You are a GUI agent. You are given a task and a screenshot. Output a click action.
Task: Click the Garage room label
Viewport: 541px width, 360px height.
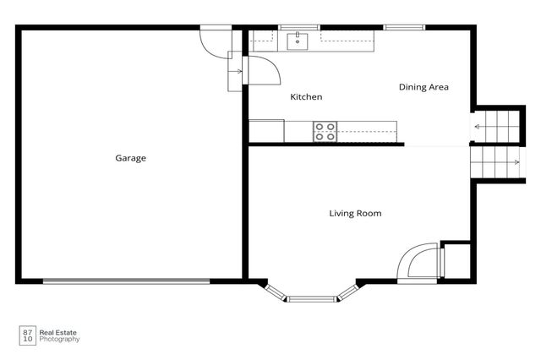pyautogui.click(x=130, y=158)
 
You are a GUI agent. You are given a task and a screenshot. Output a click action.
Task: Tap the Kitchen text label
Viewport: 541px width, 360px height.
pyautogui.click(x=306, y=97)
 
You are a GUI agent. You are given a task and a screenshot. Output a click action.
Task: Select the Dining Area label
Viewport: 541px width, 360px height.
pyautogui.click(x=424, y=87)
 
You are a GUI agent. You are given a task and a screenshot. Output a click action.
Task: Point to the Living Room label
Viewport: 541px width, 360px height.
pyautogui.click(x=355, y=214)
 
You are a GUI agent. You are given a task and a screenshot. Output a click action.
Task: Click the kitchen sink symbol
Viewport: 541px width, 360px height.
pyautogui.click(x=298, y=41)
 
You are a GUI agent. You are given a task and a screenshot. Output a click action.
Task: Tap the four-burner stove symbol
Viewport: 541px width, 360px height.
pyautogui.click(x=325, y=132)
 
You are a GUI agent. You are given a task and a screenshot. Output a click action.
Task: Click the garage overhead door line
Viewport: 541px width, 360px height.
pyautogui.click(x=126, y=281)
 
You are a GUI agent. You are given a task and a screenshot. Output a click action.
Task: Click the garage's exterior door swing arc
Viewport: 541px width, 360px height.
pyautogui.click(x=211, y=44)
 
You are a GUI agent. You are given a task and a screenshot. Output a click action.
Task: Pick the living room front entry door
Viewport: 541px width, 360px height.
pyautogui.click(x=418, y=263)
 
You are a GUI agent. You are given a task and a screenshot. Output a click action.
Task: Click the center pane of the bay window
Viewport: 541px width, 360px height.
pyautogui.click(x=311, y=299)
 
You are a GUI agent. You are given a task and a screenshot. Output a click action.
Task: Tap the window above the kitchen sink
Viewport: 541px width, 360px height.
pyautogui.click(x=299, y=28)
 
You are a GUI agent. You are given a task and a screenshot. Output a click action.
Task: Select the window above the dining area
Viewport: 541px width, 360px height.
pyautogui.click(x=404, y=28)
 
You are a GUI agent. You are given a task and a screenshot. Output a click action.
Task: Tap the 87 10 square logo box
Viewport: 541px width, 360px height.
pyautogui.click(x=28, y=335)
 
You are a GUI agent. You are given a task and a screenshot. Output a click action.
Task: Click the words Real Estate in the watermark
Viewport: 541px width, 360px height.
pyautogui.click(x=58, y=333)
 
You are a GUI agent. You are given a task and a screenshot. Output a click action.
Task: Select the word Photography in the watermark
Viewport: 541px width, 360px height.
pyautogui.click(x=59, y=340)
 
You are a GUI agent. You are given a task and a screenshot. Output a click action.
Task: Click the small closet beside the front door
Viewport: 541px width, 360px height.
pyautogui.click(x=456, y=260)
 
